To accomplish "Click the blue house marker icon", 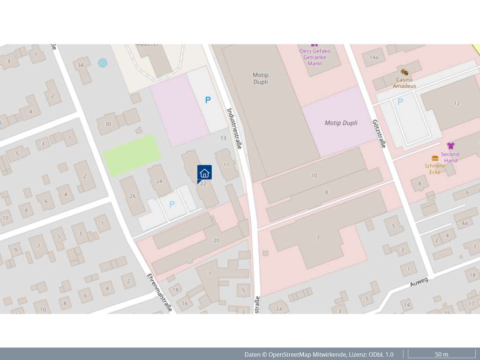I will [204, 172].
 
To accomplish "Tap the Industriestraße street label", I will [234, 128].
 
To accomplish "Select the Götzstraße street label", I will [379, 133].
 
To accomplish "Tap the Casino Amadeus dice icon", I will [404, 72].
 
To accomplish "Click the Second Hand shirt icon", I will [451, 146].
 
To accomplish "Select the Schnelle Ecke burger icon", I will [435, 158].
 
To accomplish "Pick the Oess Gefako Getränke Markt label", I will [315, 57].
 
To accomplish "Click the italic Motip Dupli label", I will [341, 123].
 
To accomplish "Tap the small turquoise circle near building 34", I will [103, 63].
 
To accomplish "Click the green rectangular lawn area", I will [132, 155].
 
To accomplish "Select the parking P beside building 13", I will [208, 100].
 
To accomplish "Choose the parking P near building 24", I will [172, 204].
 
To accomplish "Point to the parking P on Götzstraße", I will [400, 101].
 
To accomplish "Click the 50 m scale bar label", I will [442, 354].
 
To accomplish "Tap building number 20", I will [216, 240].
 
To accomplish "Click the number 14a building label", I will [374, 58].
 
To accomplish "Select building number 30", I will [108, 124].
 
